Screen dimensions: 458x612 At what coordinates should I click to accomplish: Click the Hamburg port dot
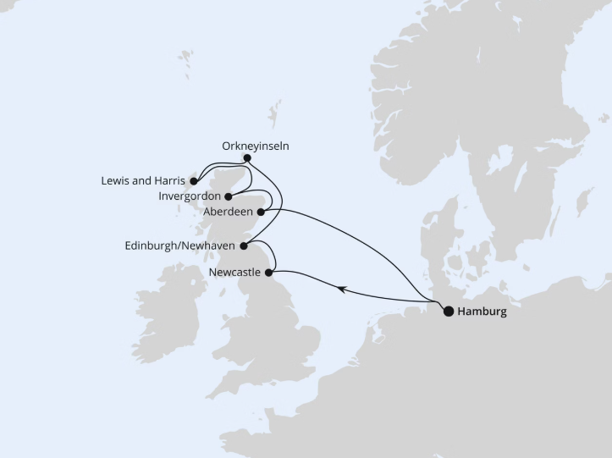coord(448,311)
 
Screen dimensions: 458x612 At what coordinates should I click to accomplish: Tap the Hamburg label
coord(482,312)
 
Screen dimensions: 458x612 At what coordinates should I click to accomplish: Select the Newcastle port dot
coord(269,273)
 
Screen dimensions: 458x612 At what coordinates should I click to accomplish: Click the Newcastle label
coord(234,273)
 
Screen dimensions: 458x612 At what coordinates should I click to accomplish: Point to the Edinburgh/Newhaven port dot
coord(244,246)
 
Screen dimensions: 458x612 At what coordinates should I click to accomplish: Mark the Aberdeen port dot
coord(261,212)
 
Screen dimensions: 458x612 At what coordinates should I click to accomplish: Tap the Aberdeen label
coord(229,212)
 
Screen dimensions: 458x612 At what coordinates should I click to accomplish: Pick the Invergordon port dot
coord(229,196)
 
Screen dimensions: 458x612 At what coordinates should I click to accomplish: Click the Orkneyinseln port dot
coord(246,157)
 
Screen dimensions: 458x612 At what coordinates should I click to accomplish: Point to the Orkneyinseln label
coord(256,146)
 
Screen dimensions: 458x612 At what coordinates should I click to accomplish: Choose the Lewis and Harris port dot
coord(193,181)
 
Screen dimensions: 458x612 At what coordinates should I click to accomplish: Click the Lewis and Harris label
coord(142,181)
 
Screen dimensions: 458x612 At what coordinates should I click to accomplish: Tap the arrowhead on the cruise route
coord(340,289)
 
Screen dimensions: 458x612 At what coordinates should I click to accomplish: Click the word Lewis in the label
coord(114,181)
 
